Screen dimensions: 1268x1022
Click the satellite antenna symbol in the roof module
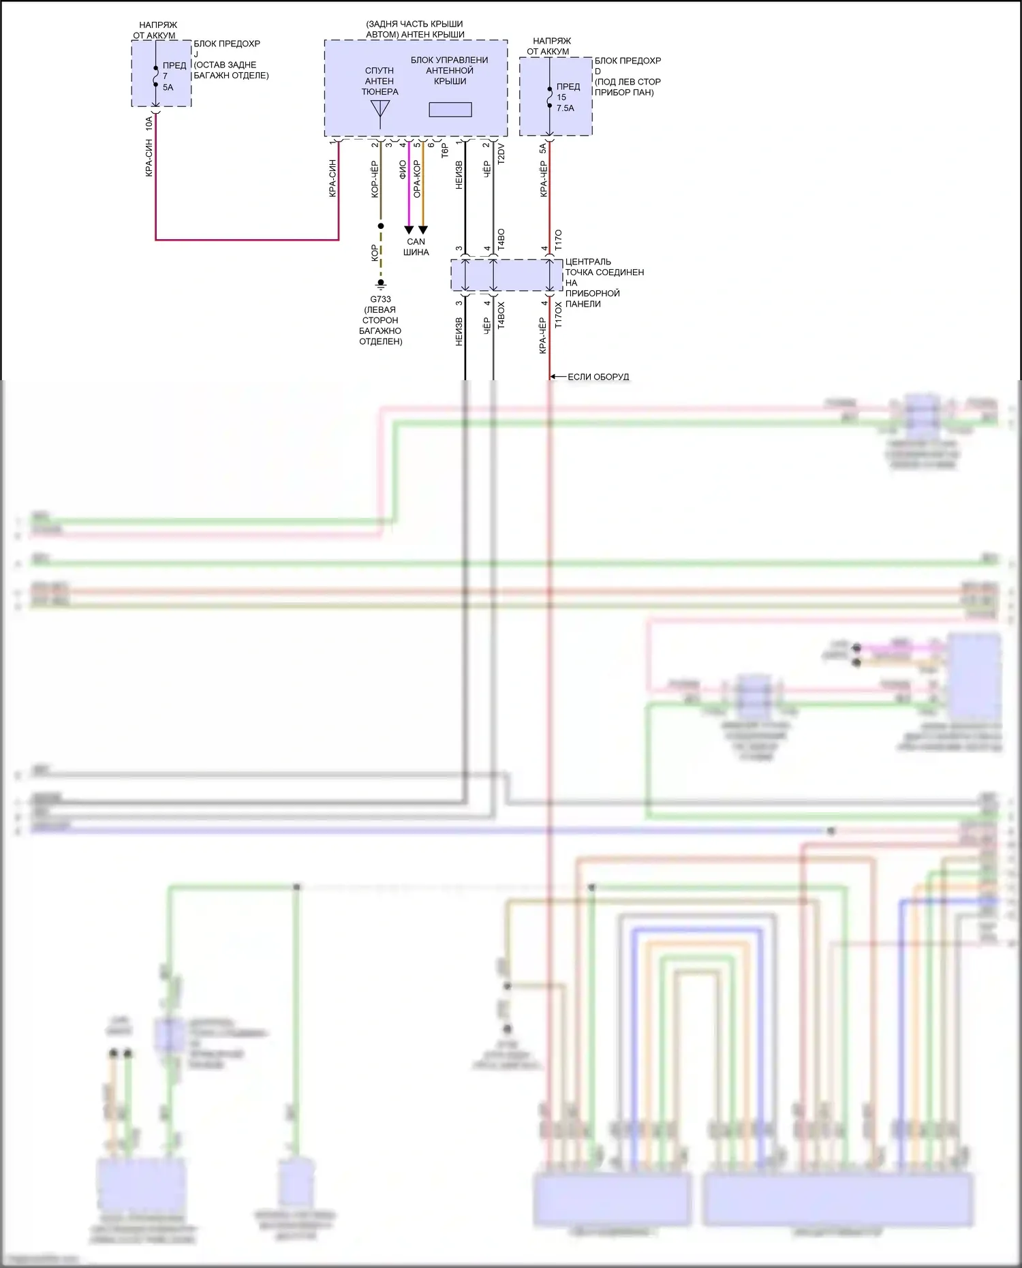coord(380,112)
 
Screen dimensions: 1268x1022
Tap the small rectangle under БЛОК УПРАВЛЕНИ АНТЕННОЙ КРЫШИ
coord(450,109)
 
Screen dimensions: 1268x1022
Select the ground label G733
coord(380,299)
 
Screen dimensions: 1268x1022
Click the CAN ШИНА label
coord(416,247)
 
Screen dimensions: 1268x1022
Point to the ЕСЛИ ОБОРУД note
coord(598,377)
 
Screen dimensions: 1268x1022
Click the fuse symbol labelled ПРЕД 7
coord(156,76)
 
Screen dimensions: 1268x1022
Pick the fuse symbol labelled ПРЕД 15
coord(550,97)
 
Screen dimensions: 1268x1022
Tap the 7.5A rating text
coord(566,108)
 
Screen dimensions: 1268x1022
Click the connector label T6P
coord(445,151)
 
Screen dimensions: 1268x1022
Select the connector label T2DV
coord(501,153)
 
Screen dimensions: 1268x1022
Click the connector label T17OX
coord(559,315)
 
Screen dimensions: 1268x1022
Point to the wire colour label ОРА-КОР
coord(417,179)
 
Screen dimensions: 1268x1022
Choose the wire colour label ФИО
coord(403,170)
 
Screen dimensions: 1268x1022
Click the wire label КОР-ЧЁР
coord(375,179)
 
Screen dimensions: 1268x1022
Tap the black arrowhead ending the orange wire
coord(422,230)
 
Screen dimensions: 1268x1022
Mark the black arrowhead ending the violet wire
coord(409,230)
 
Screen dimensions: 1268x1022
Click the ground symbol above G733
coord(381,283)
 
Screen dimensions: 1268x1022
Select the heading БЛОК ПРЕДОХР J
coord(227,48)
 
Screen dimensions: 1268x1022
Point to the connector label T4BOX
coord(501,315)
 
